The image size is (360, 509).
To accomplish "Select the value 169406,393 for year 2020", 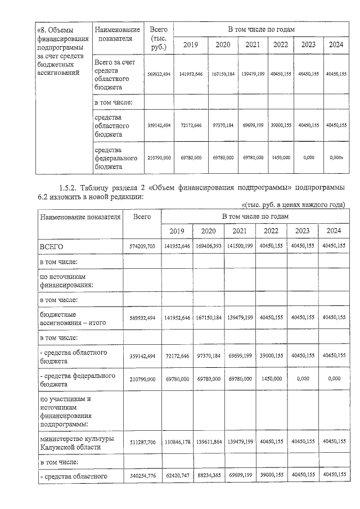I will [209, 246].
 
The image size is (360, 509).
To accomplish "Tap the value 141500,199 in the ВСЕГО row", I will [240, 246].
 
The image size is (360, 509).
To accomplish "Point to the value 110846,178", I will [177, 443].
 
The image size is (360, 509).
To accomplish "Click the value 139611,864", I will [209, 443].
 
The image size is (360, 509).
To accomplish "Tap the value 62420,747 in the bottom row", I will [177, 475].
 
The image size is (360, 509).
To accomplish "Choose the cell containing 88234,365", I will [209, 475].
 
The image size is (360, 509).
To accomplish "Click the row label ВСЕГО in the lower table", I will [51, 246].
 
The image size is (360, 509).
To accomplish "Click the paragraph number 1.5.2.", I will [70, 188].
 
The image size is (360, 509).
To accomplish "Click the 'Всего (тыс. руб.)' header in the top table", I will [155, 38].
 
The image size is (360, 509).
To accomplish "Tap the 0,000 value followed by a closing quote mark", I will [336, 157].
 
